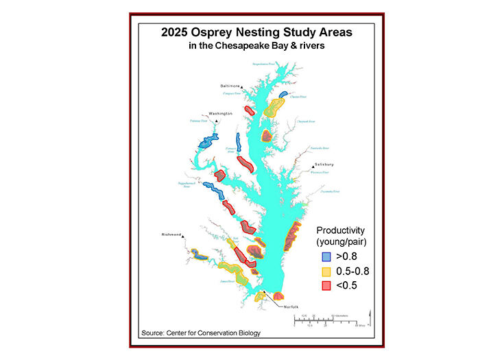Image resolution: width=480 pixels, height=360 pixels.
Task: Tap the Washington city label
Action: click(221, 113)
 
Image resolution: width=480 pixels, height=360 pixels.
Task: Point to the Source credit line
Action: click(201, 333)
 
